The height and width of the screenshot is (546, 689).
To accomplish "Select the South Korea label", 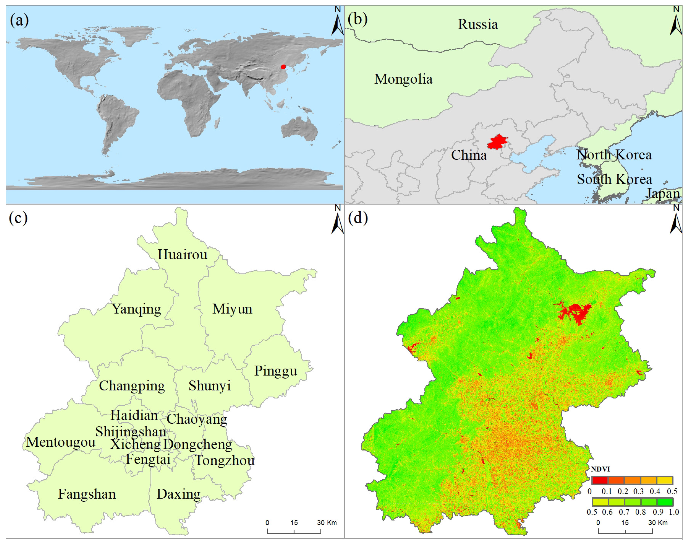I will coord(614,179).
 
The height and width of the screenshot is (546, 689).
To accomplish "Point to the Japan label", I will coord(663,194).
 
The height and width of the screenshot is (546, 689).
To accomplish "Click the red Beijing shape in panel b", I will coord(497,142).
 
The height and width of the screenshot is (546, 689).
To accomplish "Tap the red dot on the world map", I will coord(283,67).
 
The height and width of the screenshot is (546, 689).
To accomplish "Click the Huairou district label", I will coord(182,255).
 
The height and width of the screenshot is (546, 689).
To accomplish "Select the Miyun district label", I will coord(232,309).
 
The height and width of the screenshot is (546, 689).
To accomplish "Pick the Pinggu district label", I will coord(275,371).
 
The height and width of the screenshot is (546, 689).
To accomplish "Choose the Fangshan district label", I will coord(87,494).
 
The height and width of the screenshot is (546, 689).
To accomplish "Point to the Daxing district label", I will coord(178,494).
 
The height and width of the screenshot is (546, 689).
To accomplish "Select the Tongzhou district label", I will coord(225,460).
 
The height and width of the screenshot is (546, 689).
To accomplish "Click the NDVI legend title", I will coord(600,469).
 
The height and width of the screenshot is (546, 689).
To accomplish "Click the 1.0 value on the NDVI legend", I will coord(674,512).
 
